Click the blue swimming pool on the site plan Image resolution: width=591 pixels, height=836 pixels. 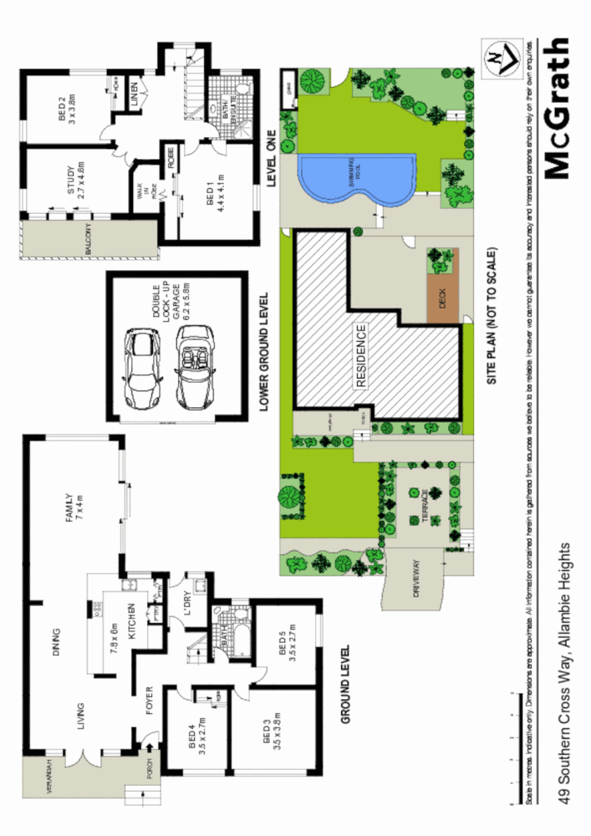355,178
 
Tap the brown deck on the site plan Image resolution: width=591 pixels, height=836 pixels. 443,298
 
